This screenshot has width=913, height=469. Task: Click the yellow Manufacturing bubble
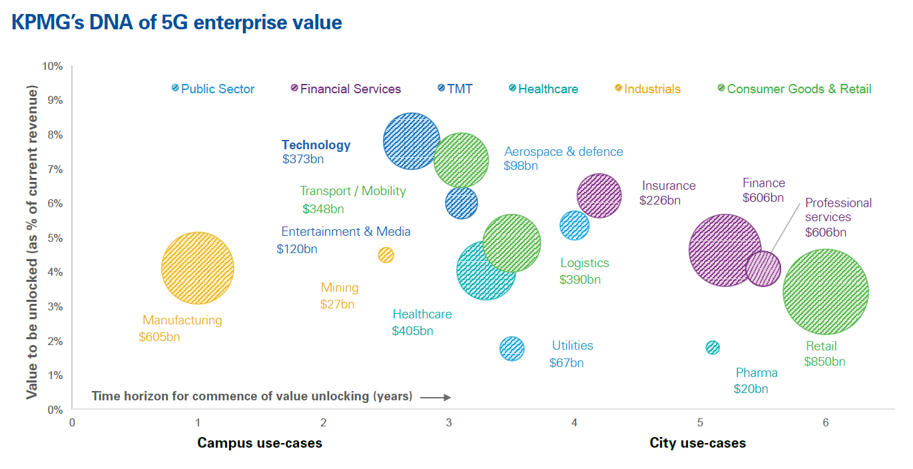(x=197, y=268)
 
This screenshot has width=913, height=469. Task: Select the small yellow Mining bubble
(x=386, y=255)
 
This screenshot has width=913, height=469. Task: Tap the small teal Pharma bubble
(x=713, y=347)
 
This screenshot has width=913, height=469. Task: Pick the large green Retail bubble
(x=826, y=292)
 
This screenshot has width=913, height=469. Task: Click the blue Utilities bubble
(x=512, y=348)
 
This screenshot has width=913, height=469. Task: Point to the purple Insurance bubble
(x=599, y=196)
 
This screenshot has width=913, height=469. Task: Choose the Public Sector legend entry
(x=213, y=89)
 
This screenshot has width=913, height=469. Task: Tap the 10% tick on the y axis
(x=52, y=66)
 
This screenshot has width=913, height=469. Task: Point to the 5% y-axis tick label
(x=55, y=238)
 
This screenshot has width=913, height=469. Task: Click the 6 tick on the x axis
(x=826, y=422)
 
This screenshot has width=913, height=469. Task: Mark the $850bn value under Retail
(x=824, y=362)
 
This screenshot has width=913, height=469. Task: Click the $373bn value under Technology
(x=303, y=159)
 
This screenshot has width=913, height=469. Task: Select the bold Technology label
(x=316, y=145)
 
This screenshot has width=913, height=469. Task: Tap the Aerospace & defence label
(x=563, y=151)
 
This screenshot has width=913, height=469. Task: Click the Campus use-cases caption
(x=260, y=443)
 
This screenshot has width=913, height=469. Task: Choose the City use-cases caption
(x=698, y=443)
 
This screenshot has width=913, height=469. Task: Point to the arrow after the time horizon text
(x=436, y=397)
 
